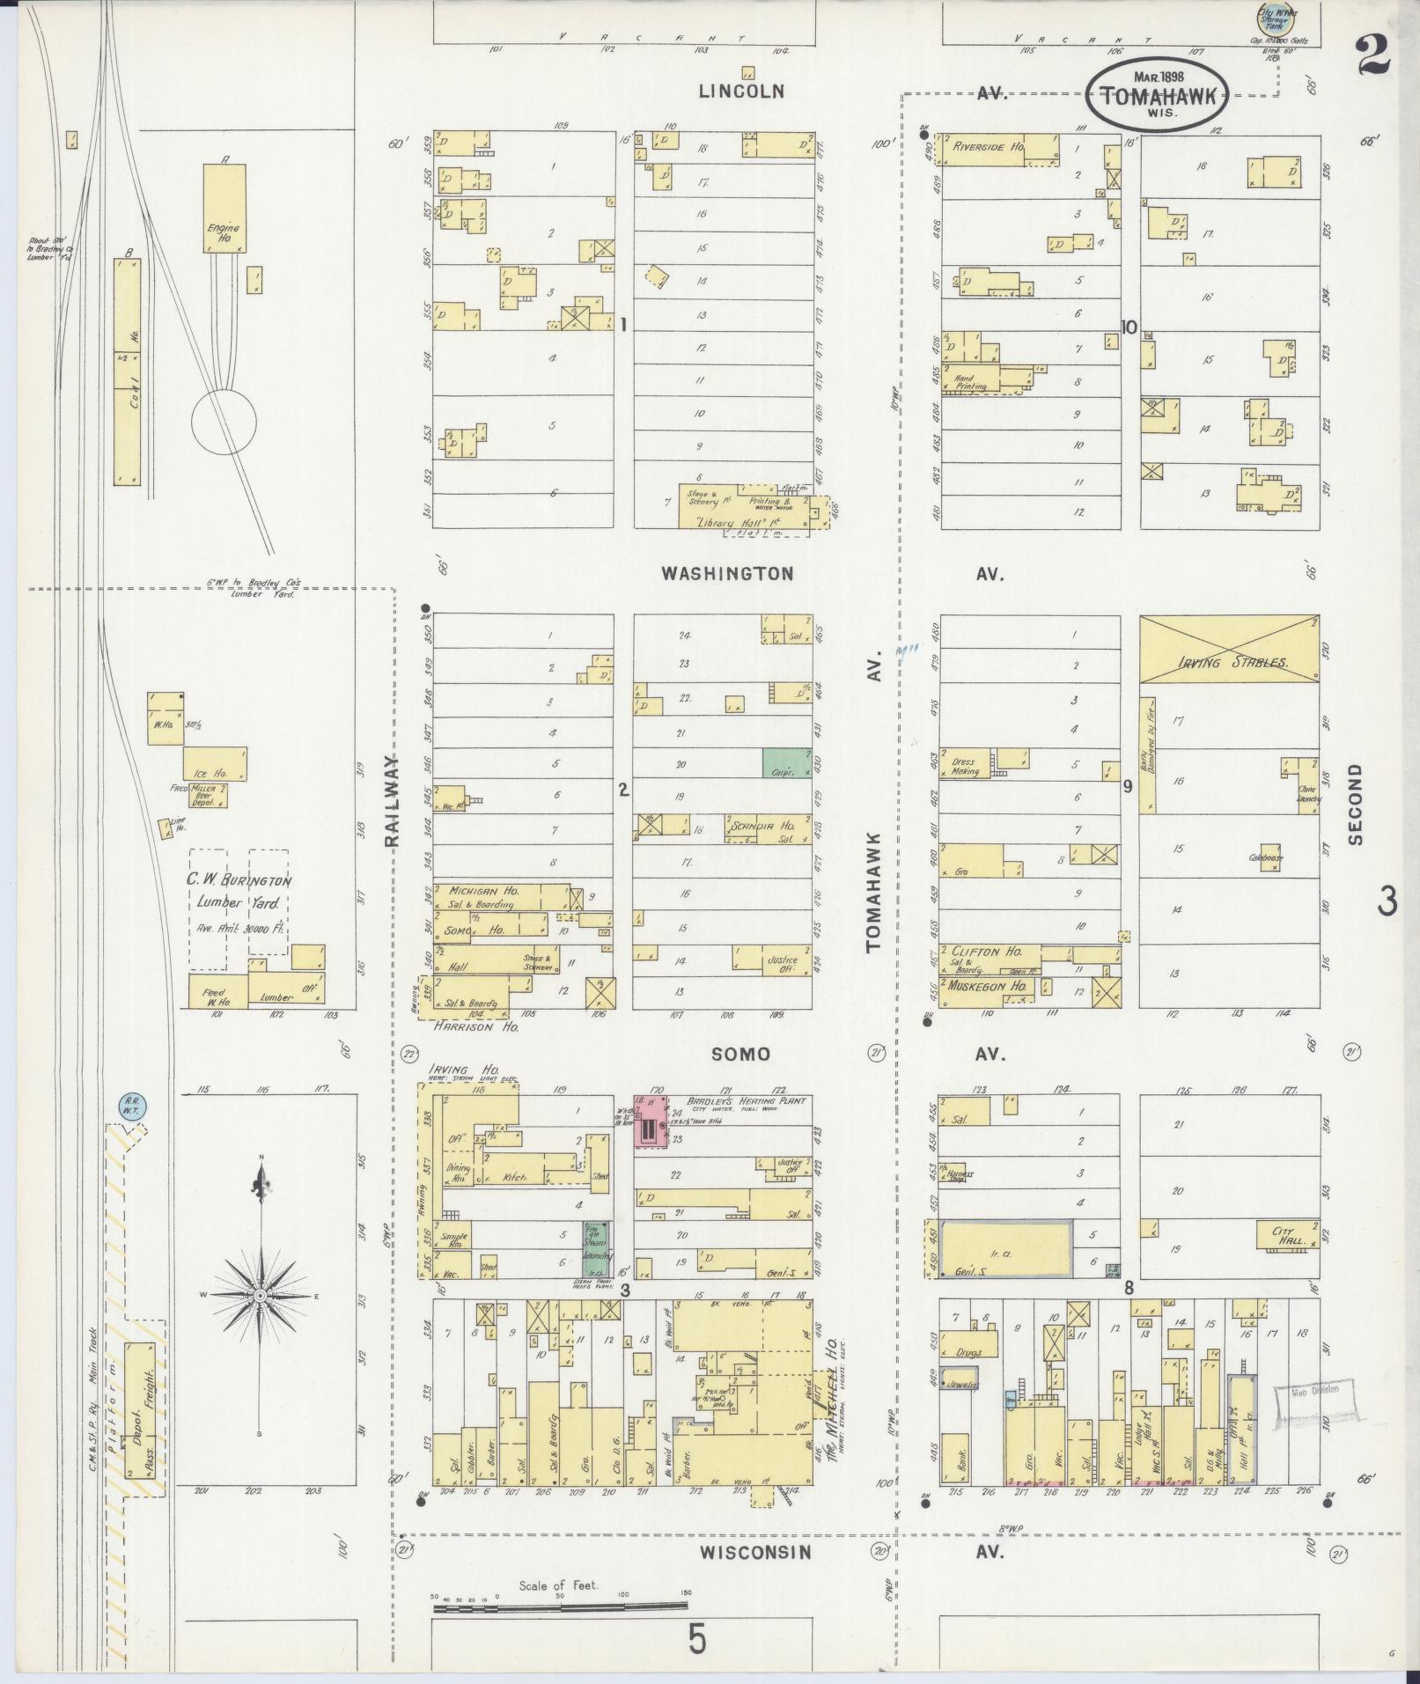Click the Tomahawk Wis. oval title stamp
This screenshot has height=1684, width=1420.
1156,98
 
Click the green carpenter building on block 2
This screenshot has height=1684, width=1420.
786,762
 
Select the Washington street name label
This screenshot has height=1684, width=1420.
727,574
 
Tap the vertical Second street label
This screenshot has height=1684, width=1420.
1354,804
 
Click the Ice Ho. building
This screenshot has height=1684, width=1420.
215,764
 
